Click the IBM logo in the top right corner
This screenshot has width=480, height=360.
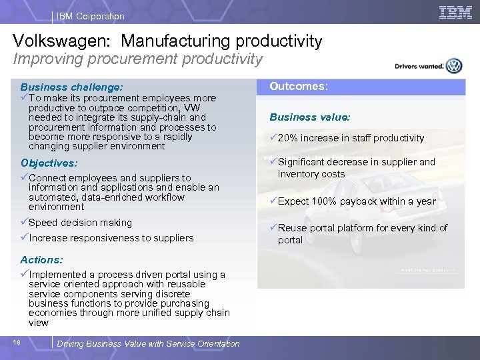(x=455, y=12)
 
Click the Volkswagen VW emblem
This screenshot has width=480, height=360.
(x=454, y=65)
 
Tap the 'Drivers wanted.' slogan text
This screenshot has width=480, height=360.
(x=419, y=66)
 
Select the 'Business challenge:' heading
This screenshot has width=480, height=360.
(x=71, y=87)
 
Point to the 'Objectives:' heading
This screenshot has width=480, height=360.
(x=49, y=163)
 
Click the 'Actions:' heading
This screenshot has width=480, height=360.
(x=41, y=259)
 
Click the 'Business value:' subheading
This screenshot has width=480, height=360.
(x=309, y=117)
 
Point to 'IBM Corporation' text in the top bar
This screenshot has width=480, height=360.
(x=90, y=16)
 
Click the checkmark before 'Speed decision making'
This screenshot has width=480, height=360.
(x=24, y=223)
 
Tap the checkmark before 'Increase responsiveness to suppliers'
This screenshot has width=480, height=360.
(x=24, y=238)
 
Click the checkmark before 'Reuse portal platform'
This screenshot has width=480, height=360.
(x=273, y=228)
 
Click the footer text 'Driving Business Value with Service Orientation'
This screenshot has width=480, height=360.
(x=148, y=343)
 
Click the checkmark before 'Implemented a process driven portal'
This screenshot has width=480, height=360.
(x=24, y=275)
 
